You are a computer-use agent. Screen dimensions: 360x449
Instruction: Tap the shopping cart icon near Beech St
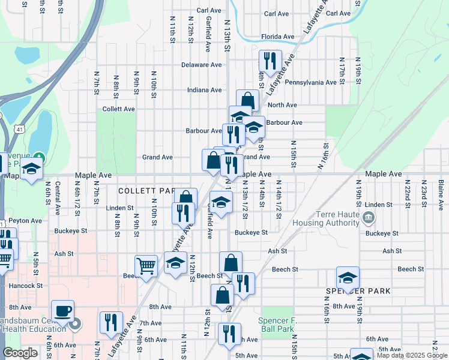tap(146, 266)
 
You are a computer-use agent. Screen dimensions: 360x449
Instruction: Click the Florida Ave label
tap(278, 37)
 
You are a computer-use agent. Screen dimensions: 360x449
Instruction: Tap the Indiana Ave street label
tap(204, 90)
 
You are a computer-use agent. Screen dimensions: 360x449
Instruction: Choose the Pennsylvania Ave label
tap(310, 82)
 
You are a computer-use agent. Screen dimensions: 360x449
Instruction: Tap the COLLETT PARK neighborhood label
tap(146, 190)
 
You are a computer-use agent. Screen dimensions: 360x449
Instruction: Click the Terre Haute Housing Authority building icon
tap(369, 217)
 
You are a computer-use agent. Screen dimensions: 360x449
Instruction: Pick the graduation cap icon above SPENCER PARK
tap(348, 278)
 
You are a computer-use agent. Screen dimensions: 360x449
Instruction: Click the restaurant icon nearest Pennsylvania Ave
tap(269, 61)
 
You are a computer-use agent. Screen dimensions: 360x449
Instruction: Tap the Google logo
tap(20, 353)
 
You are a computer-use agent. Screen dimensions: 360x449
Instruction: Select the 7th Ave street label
tap(150, 323)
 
